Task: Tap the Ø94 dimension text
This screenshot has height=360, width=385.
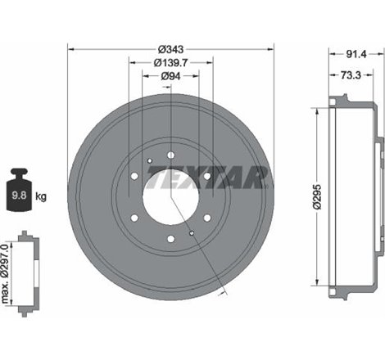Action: point(171,76)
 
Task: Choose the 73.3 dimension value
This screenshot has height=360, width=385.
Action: point(349,74)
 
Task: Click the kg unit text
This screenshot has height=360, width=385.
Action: point(41,197)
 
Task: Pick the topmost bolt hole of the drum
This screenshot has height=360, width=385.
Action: point(171,155)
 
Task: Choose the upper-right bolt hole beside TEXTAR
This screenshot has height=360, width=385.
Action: point(207,175)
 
